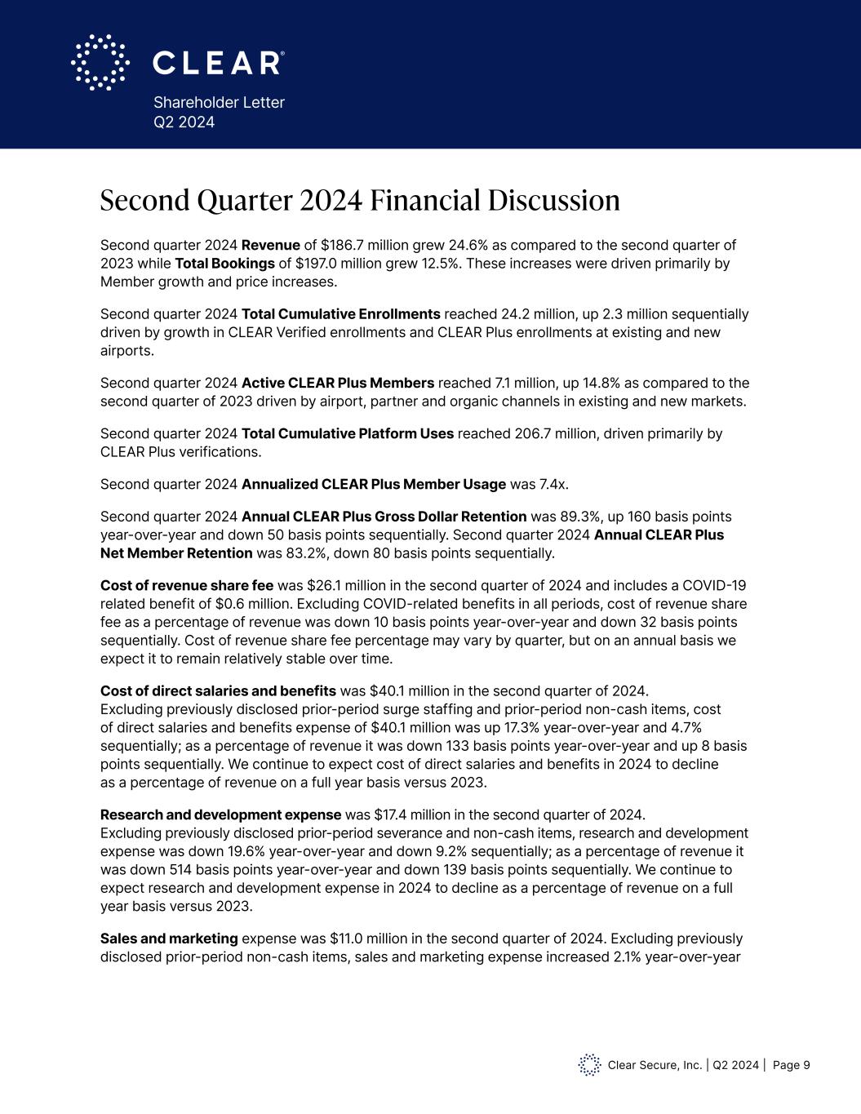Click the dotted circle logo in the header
[x=100, y=62]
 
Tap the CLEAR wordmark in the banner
[x=219, y=63]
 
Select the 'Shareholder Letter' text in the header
[x=219, y=103]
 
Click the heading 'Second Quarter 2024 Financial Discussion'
[x=360, y=201]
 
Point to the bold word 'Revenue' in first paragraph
[x=271, y=246]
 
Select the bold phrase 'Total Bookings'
[x=224, y=264]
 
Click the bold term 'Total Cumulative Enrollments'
[x=341, y=314]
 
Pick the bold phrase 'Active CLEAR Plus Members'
[x=338, y=384]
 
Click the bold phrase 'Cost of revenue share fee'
[x=187, y=586]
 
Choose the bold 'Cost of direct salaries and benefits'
[x=218, y=690]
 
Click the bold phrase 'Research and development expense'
[x=220, y=814]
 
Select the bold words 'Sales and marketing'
[x=169, y=939]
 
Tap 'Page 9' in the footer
[x=791, y=1065]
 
